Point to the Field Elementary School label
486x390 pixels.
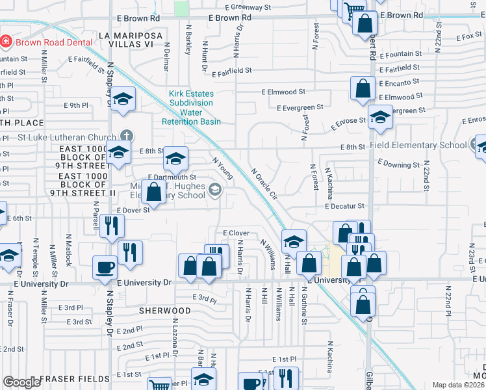[x=418, y=146]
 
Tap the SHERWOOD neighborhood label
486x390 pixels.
[x=165, y=311]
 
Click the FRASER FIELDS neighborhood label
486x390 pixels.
[x=75, y=378]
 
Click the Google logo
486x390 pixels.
[x=21, y=382]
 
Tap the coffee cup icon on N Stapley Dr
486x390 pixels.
[x=105, y=266]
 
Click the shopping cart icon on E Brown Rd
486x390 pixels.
[x=354, y=9]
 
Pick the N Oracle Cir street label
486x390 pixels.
[x=264, y=183]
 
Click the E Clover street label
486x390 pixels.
[x=236, y=233]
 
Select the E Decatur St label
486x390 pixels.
[x=344, y=206]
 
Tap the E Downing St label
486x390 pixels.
[x=398, y=164]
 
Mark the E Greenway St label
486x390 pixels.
[x=250, y=7]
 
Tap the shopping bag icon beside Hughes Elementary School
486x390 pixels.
[x=154, y=192]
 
